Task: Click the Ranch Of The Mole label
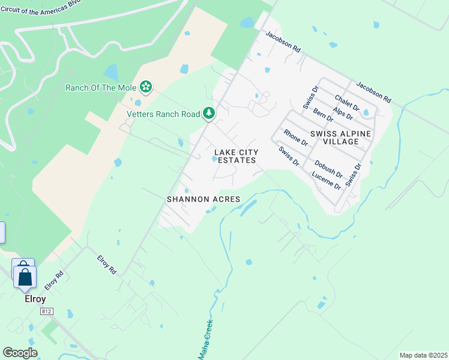tap(101, 88)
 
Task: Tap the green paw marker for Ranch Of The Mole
tap(146, 87)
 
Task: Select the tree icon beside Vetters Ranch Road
tap(209, 113)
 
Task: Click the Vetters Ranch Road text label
tap(163, 114)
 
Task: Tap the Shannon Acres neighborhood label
tap(203, 199)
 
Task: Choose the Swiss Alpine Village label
tap(342, 137)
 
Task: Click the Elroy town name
tap(35, 298)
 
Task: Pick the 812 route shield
tap(46, 312)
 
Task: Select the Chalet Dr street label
tap(347, 103)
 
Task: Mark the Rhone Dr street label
tap(295, 138)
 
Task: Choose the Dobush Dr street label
tap(328, 169)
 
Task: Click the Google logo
tap(20, 353)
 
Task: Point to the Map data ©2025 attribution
tap(423, 355)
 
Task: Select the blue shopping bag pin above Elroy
tap(25, 277)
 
